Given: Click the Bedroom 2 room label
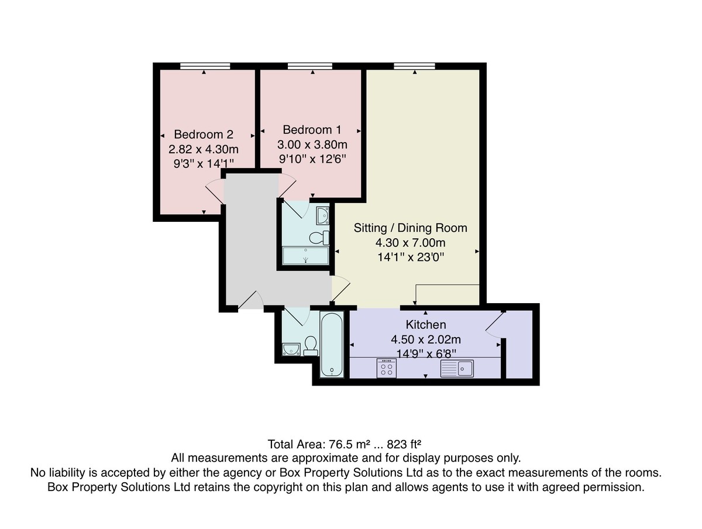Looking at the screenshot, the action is (x=204, y=135).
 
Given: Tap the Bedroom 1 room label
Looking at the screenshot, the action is (x=312, y=130).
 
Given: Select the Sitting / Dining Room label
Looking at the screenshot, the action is (x=410, y=228).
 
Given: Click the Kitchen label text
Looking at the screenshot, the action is (x=426, y=325).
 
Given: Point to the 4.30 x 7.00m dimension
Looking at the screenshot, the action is (x=410, y=243).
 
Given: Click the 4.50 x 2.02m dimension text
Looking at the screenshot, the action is (x=426, y=339).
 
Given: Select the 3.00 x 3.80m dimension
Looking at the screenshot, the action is (x=312, y=145).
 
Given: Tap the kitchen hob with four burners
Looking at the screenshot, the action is (x=386, y=368).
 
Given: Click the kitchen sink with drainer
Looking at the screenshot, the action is (x=457, y=369).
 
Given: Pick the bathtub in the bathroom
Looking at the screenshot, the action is (x=332, y=345).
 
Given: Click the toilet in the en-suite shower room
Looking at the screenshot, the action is (x=319, y=238).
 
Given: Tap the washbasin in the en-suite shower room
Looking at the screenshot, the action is (x=322, y=215).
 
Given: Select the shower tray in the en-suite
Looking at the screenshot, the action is (x=306, y=256).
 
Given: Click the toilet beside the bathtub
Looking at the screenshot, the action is (x=310, y=346).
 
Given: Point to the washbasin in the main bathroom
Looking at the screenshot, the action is (x=291, y=349).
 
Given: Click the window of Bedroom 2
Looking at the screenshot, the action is (x=205, y=66).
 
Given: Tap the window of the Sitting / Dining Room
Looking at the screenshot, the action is (x=415, y=66).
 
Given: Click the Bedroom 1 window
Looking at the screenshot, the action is (x=309, y=66).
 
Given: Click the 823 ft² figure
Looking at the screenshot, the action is (x=404, y=444).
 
